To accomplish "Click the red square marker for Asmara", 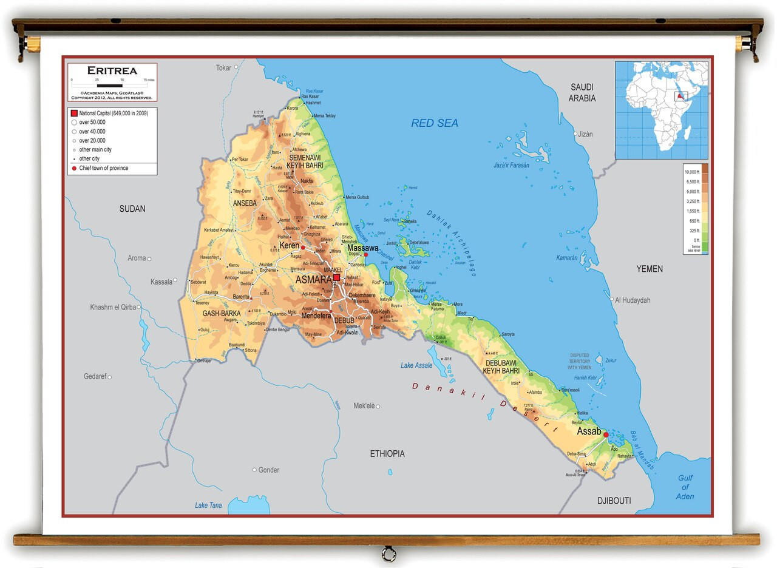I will tap(336, 277).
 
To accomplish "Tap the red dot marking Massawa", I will tap(365, 255).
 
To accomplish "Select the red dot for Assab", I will tap(606, 434).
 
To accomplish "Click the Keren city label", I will tap(289, 246).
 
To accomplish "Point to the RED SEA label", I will tap(435, 123).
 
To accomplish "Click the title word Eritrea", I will tap(112, 70).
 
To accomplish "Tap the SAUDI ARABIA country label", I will tap(582, 93).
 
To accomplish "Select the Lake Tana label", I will tap(208, 505).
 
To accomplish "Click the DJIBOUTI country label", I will tap(614, 501).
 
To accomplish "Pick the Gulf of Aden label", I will tap(685, 487).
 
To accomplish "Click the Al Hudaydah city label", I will tap(633, 300).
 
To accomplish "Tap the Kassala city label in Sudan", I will tap(161, 282).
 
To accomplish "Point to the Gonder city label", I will tap(268, 470).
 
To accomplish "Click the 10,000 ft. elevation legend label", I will tap(692, 172).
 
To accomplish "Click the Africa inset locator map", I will tap(662, 110).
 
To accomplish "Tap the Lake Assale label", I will tap(416, 365).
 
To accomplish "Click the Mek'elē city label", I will tap(364, 405).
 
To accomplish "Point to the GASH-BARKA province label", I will tap(222, 314).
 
